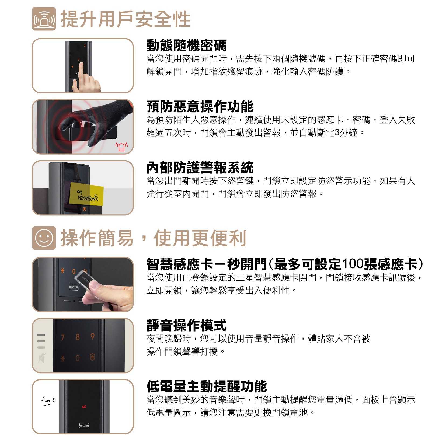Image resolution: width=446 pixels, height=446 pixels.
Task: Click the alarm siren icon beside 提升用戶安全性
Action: coord(44,19)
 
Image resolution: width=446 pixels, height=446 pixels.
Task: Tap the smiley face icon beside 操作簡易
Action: coord(44,238)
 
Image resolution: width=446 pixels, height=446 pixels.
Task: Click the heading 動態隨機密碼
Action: coord(186,45)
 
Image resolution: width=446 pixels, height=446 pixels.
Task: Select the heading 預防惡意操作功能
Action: coord(200,106)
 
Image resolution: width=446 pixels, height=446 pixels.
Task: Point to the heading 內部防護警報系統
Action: coord(200,167)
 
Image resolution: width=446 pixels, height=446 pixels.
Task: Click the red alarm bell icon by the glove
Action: coord(122,147)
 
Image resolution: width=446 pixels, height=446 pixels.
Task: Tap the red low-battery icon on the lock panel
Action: coord(84,406)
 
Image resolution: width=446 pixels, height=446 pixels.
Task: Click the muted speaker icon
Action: coord(41,358)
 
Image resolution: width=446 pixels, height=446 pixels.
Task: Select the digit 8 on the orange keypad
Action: coord(78,337)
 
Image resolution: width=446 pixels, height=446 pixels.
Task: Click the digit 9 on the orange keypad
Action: coord(92,337)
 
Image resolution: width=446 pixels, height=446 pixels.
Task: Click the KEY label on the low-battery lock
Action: coord(84,426)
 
